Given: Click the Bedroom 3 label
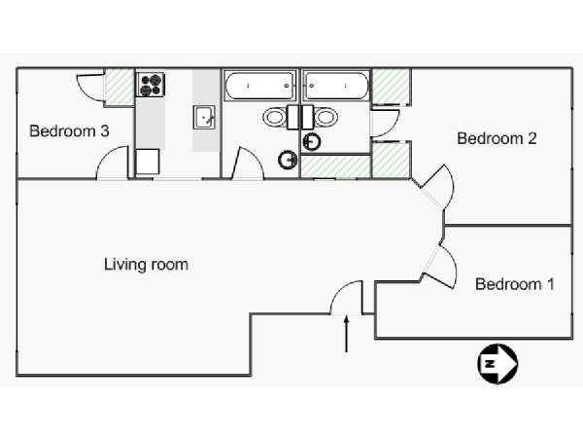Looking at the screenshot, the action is [69, 131].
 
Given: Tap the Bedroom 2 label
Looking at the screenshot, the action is [497, 138].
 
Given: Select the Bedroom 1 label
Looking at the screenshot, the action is [515, 284].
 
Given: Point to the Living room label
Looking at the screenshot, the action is [146, 265].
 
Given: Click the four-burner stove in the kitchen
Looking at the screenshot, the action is [151, 85].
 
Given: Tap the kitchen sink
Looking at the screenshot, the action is [204, 117].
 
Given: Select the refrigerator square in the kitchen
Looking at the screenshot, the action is [148, 162].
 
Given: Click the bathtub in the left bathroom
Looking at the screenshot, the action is [260, 86].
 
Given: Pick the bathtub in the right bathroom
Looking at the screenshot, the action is [336, 86].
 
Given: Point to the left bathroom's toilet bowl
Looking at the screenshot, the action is [275, 117].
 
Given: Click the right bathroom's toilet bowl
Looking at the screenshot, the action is [326, 117].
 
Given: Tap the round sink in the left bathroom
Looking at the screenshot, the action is [288, 160].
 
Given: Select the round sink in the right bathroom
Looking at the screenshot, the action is [312, 141].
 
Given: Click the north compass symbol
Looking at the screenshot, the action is [497, 364].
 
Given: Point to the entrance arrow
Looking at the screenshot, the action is [347, 334].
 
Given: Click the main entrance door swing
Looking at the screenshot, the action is [346, 298].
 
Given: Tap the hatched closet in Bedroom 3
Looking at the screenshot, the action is [120, 88].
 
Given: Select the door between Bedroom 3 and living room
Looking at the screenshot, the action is [113, 164].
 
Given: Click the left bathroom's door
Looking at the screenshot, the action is [248, 164].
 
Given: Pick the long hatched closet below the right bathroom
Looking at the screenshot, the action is [336, 166].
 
